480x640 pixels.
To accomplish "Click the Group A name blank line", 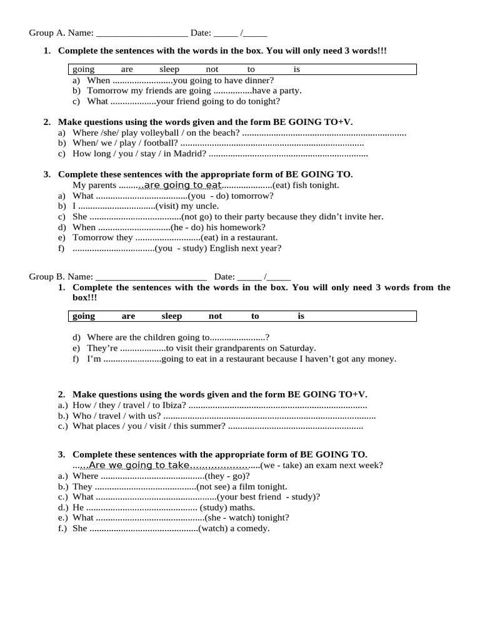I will [142, 33].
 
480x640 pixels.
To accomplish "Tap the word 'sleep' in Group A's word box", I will [169, 69].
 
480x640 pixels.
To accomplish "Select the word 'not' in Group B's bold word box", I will [215, 316].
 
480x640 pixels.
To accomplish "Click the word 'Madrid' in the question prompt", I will [191, 154].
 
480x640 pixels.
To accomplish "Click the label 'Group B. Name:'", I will [61, 276].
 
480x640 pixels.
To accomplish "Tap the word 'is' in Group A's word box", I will [297, 69].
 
